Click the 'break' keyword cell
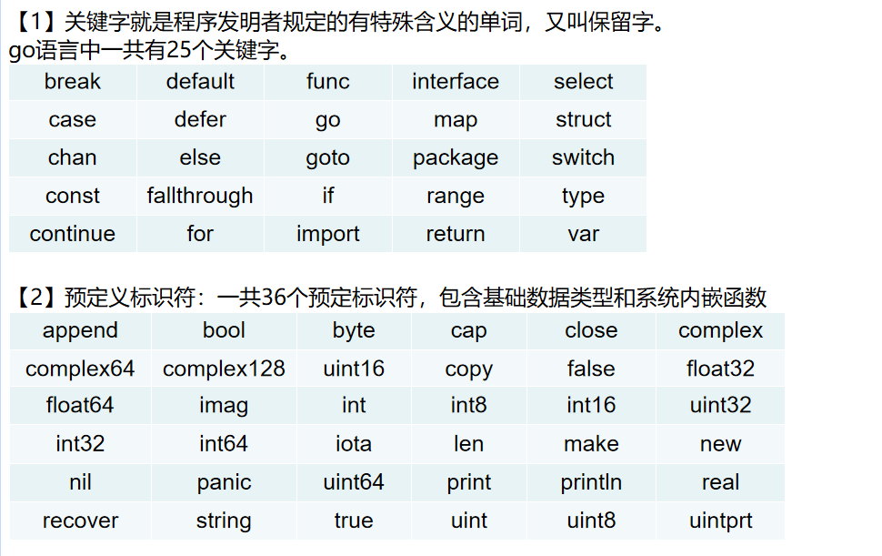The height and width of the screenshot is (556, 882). pyautogui.click(x=73, y=82)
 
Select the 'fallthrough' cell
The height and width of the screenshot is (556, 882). pyautogui.click(x=200, y=196)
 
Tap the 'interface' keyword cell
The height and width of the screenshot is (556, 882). pyautogui.click(x=456, y=82)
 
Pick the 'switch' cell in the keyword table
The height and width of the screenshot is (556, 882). pyautogui.click(x=583, y=157)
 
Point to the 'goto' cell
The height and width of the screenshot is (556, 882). pyautogui.click(x=327, y=158)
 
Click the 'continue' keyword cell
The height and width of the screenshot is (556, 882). pyautogui.click(x=73, y=234)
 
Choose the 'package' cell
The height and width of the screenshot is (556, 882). pyautogui.click(x=456, y=158)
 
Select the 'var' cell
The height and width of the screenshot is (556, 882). pyautogui.click(x=583, y=234)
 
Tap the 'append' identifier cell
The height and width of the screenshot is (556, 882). pyautogui.click(x=80, y=331)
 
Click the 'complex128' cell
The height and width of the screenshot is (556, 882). pyautogui.click(x=224, y=369)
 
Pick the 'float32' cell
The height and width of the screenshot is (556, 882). pyautogui.click(x=720, y=369)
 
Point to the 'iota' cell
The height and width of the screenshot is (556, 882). pyautogui.click(x=354, y=444)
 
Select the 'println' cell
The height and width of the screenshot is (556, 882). pyautogui.click(x=591, y=482)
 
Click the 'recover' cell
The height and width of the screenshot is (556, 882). pyautogui.click(x=80, y=521)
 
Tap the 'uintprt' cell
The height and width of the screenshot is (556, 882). pyautogui.click(x=720, y=521)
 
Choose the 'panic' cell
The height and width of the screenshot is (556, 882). pyautogui.click(x=224, y=482)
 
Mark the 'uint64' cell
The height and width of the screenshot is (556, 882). pyautogui.click(x=354, y=482)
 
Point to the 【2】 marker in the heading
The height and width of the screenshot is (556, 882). pyautogui.click(x=36, y=298)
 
